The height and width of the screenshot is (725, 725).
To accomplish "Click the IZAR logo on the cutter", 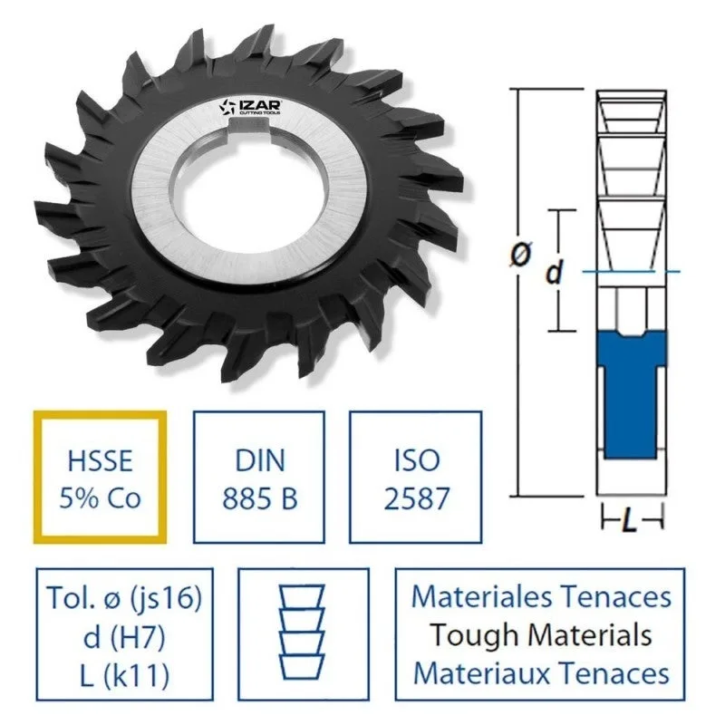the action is point(250,107).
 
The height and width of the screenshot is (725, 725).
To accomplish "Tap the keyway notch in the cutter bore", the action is point(250,124).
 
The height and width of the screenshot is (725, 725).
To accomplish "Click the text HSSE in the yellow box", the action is point(101,461).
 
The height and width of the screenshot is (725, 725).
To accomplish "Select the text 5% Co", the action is point(100,498).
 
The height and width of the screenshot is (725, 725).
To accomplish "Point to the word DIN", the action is point(259,461).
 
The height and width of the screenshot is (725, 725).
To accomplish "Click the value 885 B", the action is point(259,499).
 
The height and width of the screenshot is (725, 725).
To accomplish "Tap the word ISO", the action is point(417,461).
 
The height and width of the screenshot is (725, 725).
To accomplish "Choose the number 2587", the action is point(417,499).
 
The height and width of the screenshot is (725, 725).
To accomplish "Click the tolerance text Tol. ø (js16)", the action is point(124,598).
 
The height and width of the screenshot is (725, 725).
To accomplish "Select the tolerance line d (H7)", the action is point(124,637).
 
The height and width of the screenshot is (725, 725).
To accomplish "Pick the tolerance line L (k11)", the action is point(124,676).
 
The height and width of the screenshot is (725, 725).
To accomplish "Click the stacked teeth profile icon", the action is point(303,632).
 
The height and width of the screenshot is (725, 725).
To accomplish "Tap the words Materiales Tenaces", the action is point(541,596).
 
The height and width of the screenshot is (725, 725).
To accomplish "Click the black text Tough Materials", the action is point(541,635).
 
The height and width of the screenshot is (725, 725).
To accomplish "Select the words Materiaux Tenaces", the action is point(541,672).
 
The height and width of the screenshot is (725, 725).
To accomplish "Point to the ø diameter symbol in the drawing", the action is point(521,254).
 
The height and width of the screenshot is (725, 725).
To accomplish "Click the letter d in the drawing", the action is point(555,271).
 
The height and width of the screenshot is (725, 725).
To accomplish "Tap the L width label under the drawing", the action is point(630,522).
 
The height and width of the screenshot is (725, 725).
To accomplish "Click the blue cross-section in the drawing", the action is point(631,394).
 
